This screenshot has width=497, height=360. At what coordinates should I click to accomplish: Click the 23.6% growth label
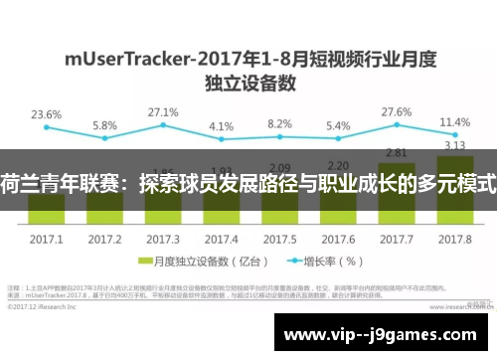coord(45,114)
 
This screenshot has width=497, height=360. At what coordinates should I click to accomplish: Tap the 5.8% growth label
coord(104,126)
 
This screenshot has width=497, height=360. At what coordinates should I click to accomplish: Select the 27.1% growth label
coord(161,112)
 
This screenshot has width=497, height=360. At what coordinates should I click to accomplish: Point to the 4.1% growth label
coord(221,127)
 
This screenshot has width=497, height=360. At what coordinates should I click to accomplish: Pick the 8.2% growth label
coord(279,124)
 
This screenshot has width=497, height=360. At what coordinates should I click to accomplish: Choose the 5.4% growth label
coord(338,126)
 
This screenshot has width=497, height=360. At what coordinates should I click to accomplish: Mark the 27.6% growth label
coord(397,112)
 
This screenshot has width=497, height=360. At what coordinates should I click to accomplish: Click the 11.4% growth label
coord(453,122)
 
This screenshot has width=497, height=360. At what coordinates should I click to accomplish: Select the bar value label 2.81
coord(397,152)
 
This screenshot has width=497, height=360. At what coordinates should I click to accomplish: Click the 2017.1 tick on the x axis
coord(46,240)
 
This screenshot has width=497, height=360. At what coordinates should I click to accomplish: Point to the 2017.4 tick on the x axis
coord(221,240)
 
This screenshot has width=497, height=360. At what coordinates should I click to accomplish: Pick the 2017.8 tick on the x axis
coord(454,240)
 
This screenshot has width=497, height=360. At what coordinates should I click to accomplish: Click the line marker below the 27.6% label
coord(397,127)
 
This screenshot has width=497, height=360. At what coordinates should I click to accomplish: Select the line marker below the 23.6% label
coord(46,129)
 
